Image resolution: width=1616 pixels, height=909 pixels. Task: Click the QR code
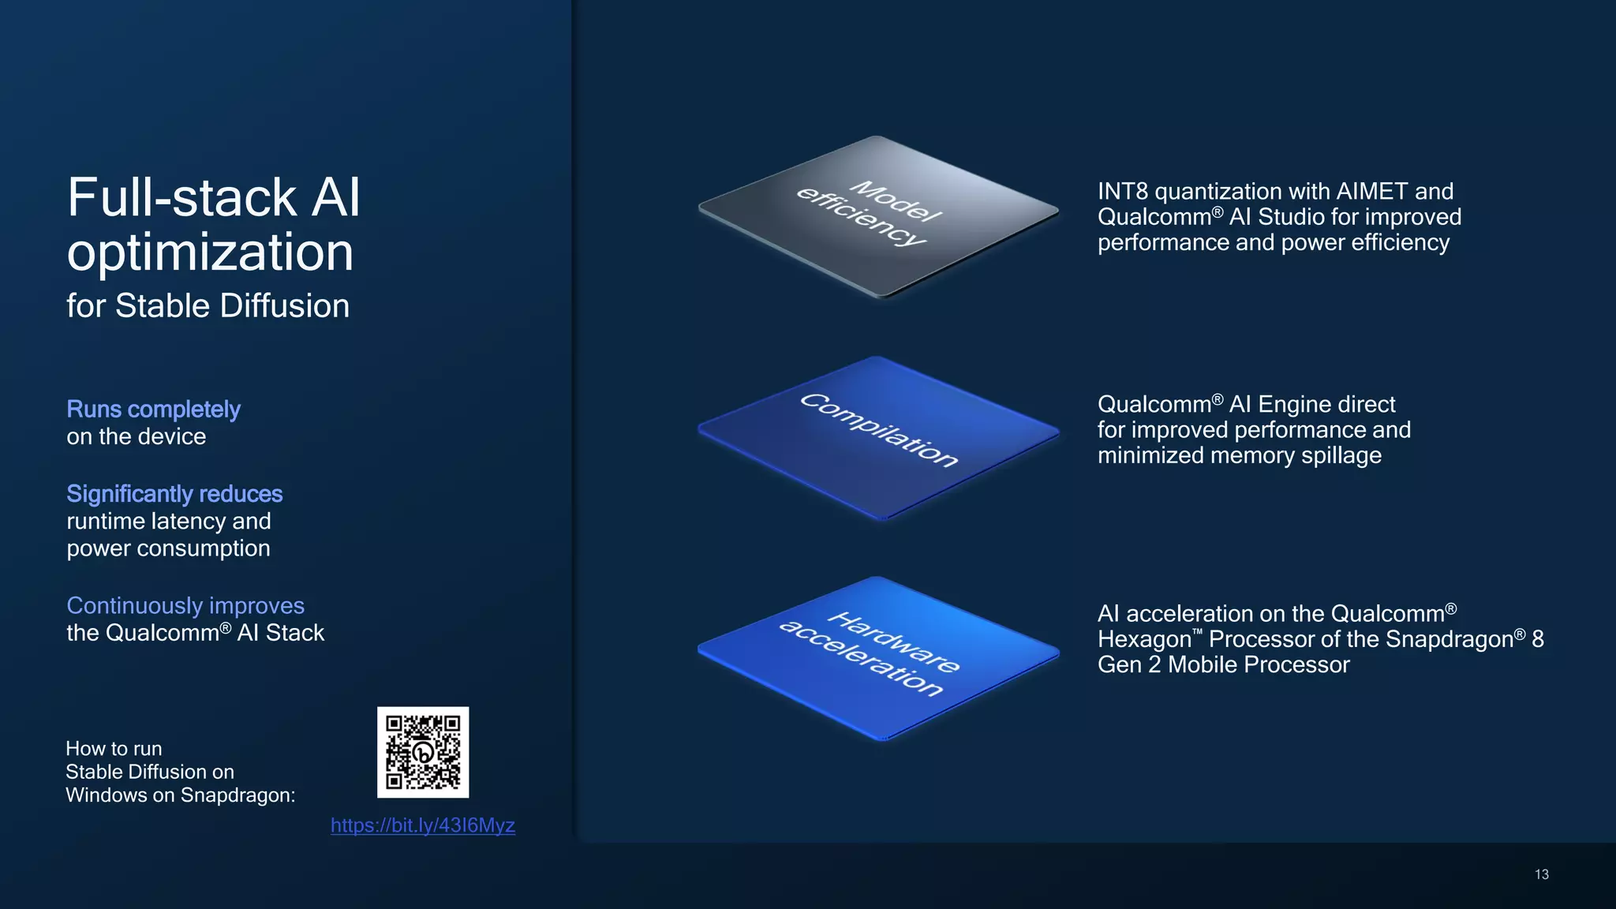click(423, 752)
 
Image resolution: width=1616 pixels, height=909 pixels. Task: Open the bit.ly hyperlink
click(423, 825)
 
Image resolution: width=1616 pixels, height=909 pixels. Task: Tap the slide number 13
click(1542, 874)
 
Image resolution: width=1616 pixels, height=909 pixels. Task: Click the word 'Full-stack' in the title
click(181, 197)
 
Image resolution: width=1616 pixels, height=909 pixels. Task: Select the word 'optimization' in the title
click(210, 252)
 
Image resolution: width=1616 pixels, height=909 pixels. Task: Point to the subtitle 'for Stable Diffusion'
click(208, 306)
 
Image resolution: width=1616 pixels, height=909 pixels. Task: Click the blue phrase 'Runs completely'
click(153, 410)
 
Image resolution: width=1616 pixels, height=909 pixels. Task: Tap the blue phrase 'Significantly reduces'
click(174, 494)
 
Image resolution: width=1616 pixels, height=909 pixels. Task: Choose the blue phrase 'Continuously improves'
click(185, 605)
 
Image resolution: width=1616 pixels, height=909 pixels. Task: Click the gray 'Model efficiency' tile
click(877, 215)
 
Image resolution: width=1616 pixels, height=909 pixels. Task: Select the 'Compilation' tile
click(878, 436)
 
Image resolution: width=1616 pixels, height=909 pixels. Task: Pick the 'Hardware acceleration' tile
click(877, 656)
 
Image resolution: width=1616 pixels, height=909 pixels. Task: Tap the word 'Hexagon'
click(1143, 639)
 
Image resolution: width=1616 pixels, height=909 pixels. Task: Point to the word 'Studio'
click(1291, 217)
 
